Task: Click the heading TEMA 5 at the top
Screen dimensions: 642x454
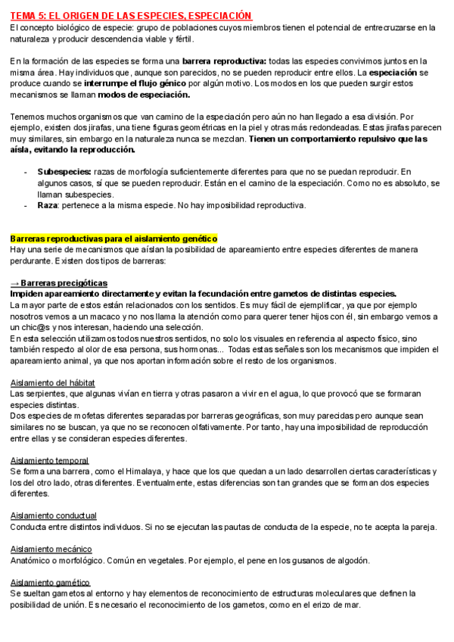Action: coord(131,16)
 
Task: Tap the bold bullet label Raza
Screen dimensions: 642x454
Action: coord(48,205)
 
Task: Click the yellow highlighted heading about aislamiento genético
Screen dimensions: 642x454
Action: coord(113,238)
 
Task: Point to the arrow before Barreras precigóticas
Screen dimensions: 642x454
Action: coord(15,283)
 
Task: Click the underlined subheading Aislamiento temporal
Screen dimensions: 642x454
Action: coord(49,460)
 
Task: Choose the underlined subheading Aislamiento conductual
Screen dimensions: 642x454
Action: coord(53,516)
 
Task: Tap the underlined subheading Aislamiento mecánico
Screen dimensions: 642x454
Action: coord(51,549)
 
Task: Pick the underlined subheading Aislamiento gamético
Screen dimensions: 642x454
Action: coord(50,582)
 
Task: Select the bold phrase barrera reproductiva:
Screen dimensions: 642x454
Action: coord(225,61)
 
